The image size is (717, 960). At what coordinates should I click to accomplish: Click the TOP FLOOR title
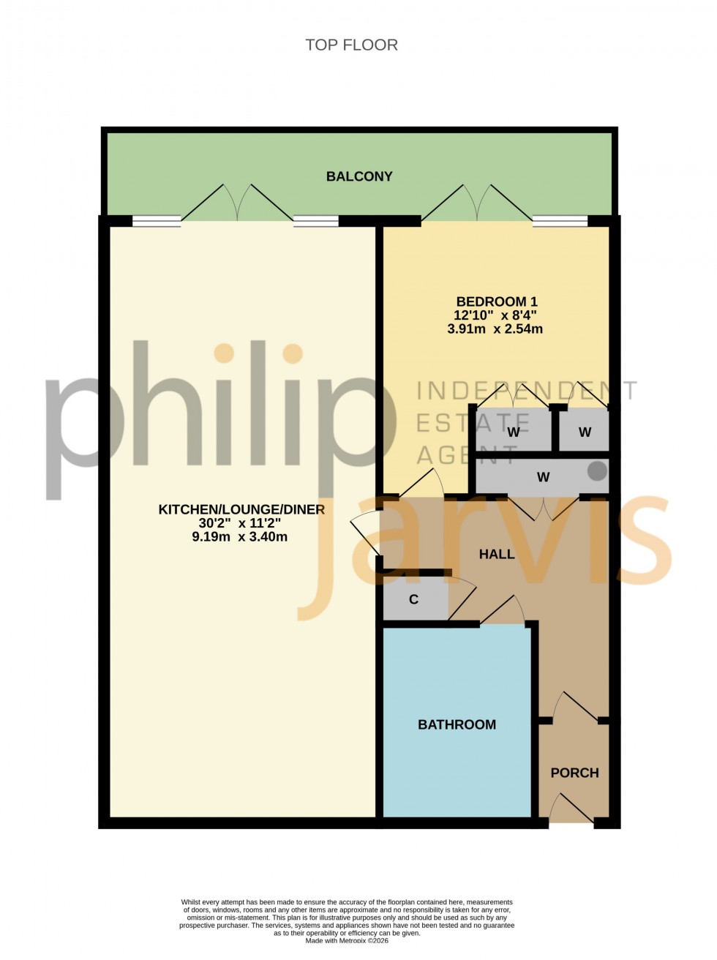351,45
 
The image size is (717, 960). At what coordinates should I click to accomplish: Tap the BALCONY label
359,176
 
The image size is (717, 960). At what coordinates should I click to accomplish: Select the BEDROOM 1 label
496,301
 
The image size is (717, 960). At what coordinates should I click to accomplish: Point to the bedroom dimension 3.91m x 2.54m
495,329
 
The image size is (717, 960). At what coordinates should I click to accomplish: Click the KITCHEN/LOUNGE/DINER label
241,509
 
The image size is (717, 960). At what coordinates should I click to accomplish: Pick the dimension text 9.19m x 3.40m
239,537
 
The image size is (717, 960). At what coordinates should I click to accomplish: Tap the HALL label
497,554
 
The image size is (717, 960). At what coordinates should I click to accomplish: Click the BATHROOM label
457,724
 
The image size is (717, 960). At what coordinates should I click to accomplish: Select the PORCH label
574,773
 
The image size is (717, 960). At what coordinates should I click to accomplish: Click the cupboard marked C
414,600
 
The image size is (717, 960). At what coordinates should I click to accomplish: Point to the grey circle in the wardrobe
598,471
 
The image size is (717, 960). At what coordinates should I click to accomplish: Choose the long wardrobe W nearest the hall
543,477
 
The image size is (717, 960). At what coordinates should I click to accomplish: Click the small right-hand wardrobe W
585,432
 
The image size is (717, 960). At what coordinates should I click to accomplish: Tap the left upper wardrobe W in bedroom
514,432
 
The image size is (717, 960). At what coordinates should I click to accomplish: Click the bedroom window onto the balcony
560,221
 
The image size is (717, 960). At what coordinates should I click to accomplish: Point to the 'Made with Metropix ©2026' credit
347,941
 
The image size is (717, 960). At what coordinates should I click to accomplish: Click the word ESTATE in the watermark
473,423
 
